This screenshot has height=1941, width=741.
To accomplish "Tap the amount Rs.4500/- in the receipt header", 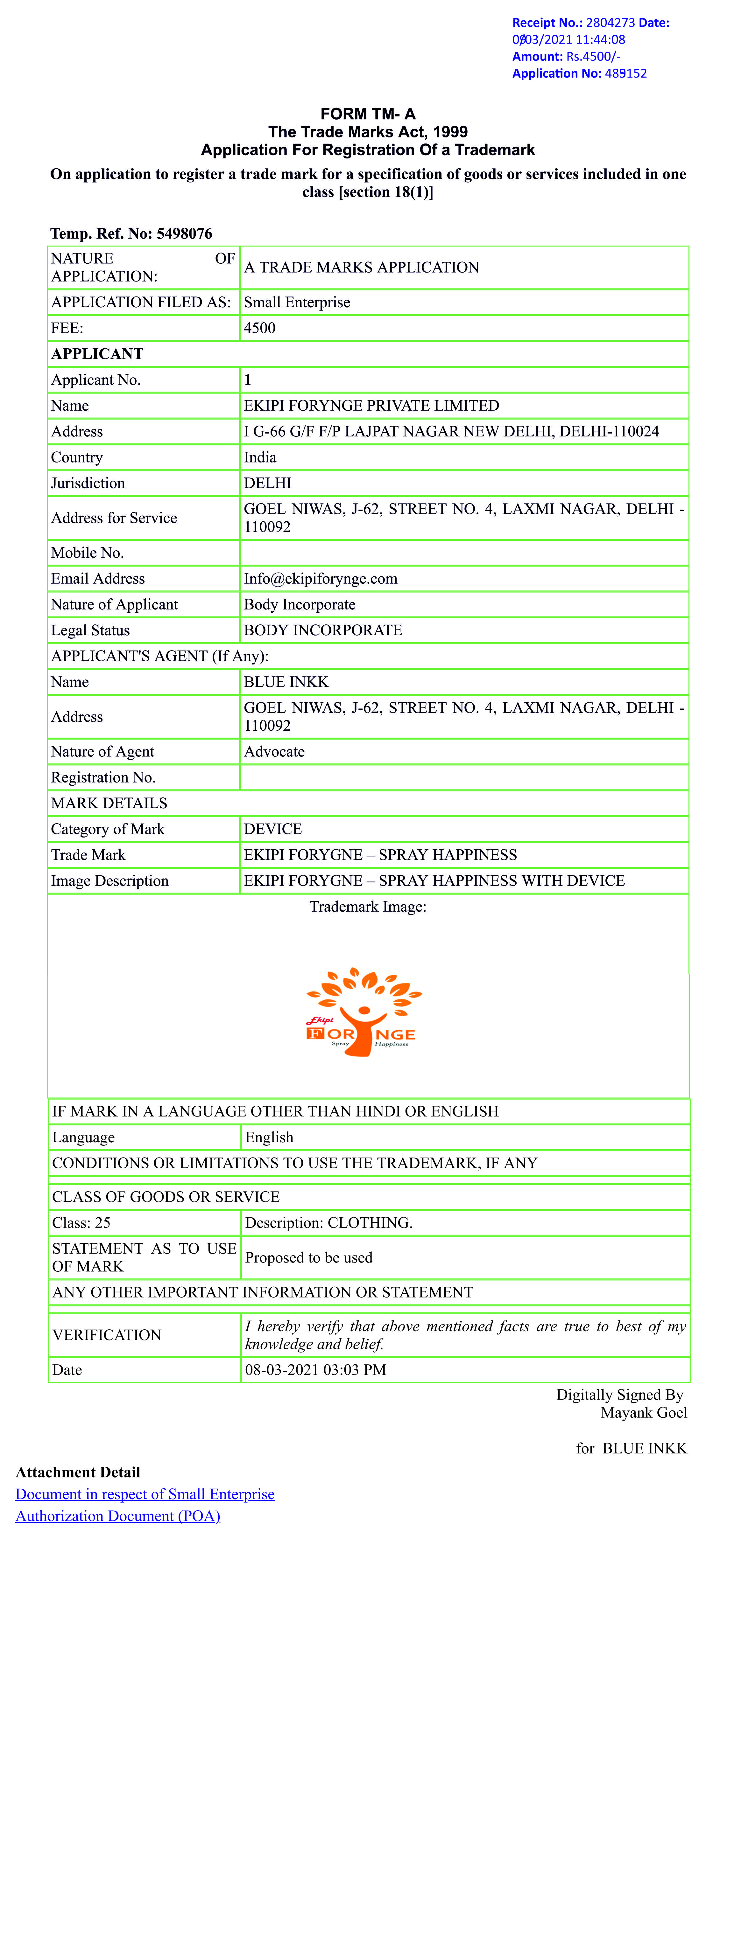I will (592, 57).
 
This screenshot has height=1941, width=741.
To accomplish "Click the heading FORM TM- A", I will (368, 114).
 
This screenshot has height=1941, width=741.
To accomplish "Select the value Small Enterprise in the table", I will (297, 302).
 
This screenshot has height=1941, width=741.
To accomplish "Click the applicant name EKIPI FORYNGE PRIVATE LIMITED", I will (371, 405).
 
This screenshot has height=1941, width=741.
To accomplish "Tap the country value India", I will (260, 457).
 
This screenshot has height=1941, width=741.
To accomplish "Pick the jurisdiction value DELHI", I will (268, 483).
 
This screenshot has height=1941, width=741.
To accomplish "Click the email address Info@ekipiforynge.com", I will (321, 579).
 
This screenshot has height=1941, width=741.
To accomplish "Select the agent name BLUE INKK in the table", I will (286, 682).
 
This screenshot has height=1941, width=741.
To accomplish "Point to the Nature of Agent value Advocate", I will (274, 751).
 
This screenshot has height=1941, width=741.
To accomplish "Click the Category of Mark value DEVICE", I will (273, 829).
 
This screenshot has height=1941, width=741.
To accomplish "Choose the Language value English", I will (269, 1137).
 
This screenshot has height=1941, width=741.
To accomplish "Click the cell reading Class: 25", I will (81, 1222).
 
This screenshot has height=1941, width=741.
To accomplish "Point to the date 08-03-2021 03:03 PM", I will (315, 1370).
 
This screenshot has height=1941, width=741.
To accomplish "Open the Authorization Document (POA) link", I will (117, 1516).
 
